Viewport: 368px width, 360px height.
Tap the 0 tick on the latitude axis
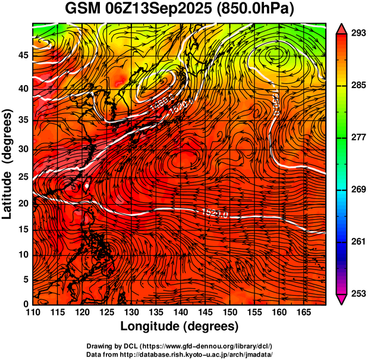tap(25, 304)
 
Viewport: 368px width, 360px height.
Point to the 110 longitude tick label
tap(33, 312)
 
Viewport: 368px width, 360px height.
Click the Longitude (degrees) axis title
tap(180, 326)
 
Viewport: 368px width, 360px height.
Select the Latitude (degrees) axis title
tap(8, 164)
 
